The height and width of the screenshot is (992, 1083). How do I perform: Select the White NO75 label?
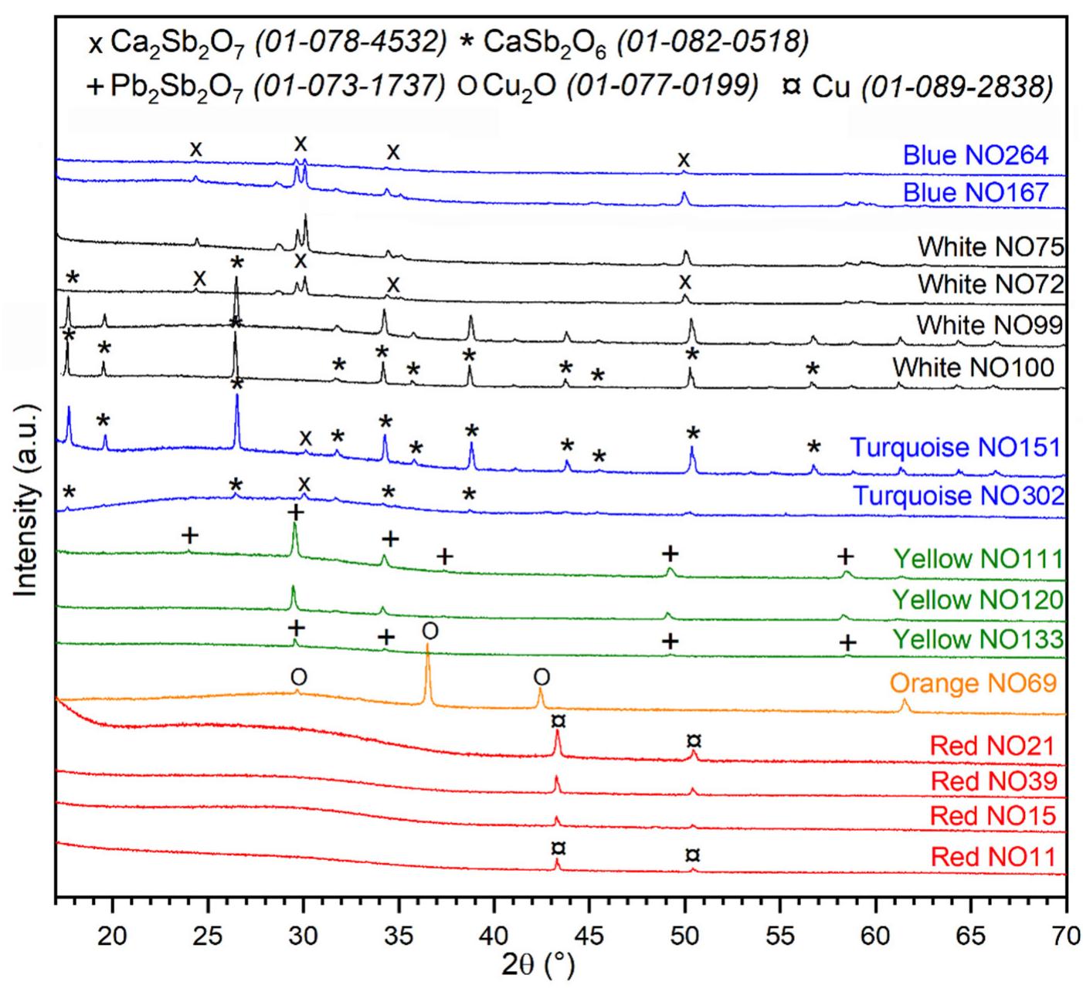[990, 247]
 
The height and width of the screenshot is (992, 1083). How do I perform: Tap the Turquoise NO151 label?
[956, 448]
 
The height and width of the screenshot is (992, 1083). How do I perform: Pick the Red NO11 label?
[993, 857]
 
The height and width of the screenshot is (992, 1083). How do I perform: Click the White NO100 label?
[973, 367]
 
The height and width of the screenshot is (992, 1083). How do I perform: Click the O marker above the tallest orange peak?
[430, 631]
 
